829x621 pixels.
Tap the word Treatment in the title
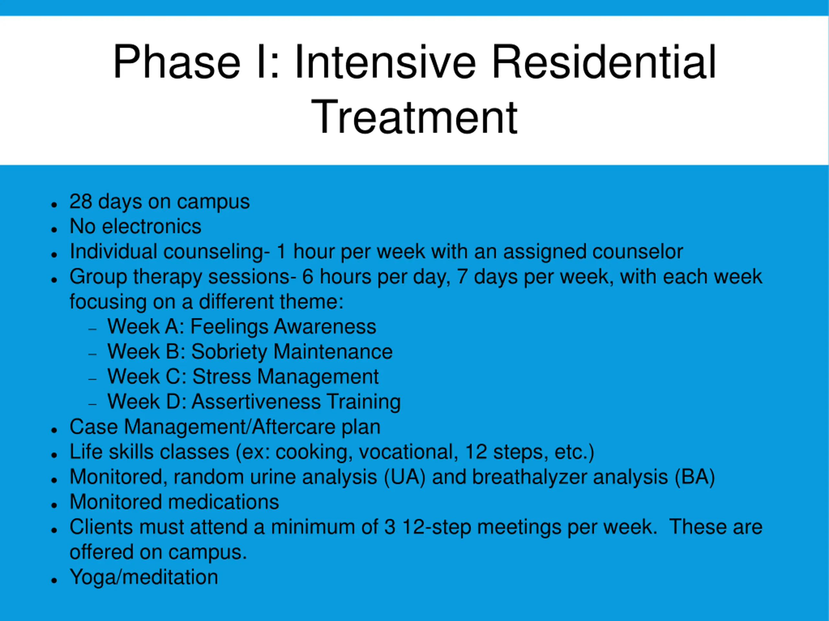pyautogui.click(x=414, y=116)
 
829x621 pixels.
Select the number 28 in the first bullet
pyautogui.click(x=81, y=202)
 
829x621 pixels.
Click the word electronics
pyautogui.click(x=152, y=226)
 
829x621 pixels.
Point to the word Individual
pyautogui.click(x=114, y=251)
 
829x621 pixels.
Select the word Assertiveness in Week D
pyautogui.click(x=256, y=402)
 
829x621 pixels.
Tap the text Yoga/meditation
pyautogui.click(x=144, y=577)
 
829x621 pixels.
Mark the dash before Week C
pyautogui.click(x=93, y=379)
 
